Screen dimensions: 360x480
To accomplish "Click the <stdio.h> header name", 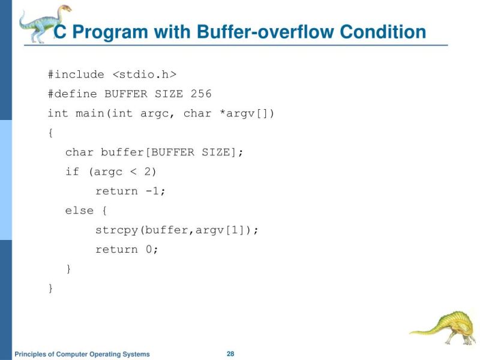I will [145, 74].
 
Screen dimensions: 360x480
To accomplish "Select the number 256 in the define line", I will [201, 94].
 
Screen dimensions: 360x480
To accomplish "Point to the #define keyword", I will [73, 94].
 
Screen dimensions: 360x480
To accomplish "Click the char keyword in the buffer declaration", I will [79, 152].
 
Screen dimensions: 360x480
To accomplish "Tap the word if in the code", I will [72, 172].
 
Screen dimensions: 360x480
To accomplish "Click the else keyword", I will [79, 211].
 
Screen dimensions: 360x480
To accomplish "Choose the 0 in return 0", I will [150, 250].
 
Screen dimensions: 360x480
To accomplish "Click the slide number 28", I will [230, 353].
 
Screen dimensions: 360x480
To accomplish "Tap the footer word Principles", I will [31, 354].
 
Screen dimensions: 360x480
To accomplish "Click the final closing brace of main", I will [50, 289].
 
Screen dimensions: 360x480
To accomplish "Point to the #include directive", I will [76, 74].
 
